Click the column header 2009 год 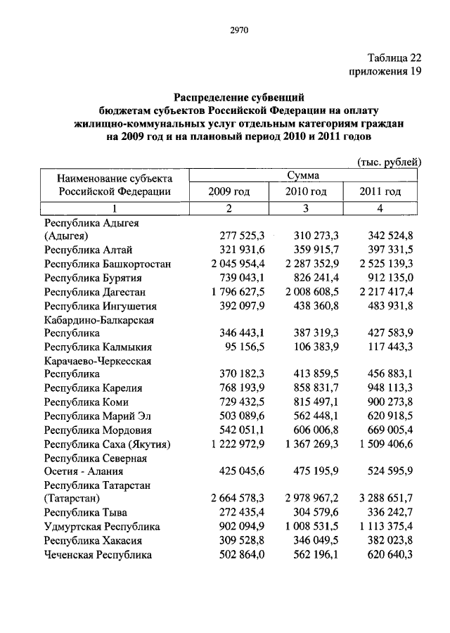(229, 191)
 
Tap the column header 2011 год (380, 191)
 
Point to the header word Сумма (304, 174)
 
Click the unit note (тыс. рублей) (389, 162)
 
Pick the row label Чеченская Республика (98, 554)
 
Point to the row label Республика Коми (88, 402)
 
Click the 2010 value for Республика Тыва (316, 513)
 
